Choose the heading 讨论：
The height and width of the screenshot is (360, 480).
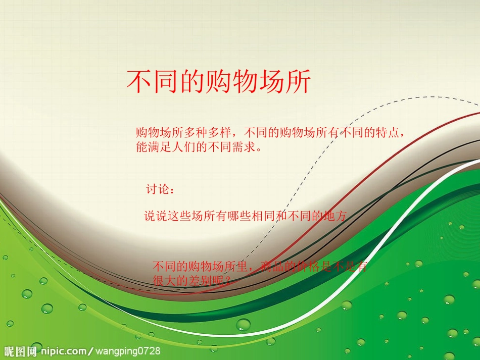click(161, 190)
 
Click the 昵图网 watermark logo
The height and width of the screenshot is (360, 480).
click(20, 351)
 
